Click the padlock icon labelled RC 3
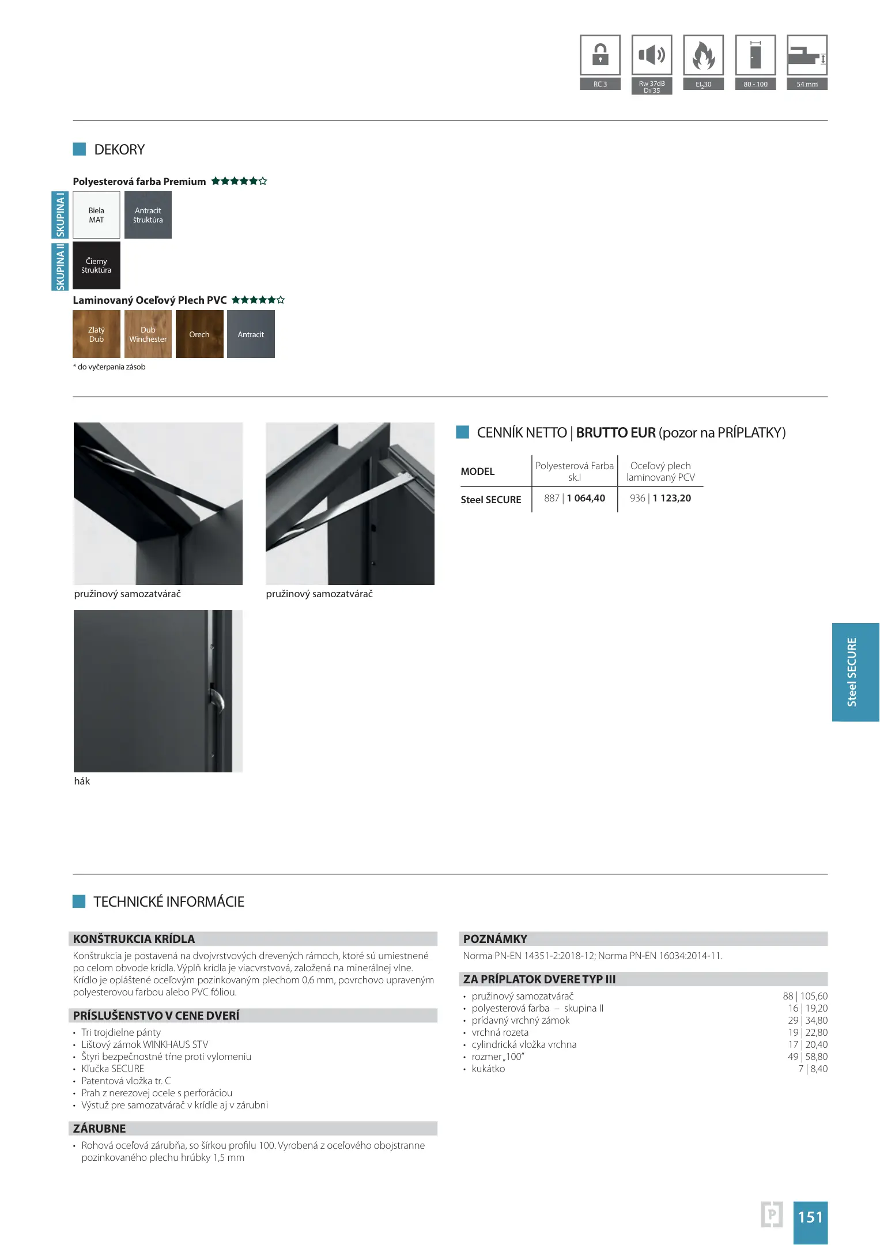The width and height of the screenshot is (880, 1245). (x=600, y=55)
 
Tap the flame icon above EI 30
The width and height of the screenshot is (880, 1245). (x=703, y=55)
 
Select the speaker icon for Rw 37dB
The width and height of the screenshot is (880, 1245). (x=652, y=55)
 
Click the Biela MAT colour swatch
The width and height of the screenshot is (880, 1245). (x=96, y=215)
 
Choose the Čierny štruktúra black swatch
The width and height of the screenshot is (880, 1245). (x=96, y=265)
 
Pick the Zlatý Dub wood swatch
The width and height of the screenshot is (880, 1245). (x=96, y=334)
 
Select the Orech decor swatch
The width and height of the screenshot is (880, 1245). (x=199, y=334)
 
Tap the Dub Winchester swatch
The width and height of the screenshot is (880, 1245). (x=148, y=334)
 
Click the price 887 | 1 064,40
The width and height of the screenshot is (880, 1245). (x=575, y=498)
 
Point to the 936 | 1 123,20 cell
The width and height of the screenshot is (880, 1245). (x=660, y=498)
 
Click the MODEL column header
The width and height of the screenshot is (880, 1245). (x=478, y=471)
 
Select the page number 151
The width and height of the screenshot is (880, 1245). (x=810, y=1217)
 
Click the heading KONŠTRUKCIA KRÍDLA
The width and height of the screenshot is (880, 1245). (x=134, y=939)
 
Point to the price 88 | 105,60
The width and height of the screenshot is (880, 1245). (x=805, y=996)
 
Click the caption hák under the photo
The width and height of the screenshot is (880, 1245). (x=82, y=781)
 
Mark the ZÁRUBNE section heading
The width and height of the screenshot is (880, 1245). (x=100, y=1129)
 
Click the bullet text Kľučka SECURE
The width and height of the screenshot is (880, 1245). (x=113, y=1069)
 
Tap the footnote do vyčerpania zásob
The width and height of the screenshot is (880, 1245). (x=111, y=367)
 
